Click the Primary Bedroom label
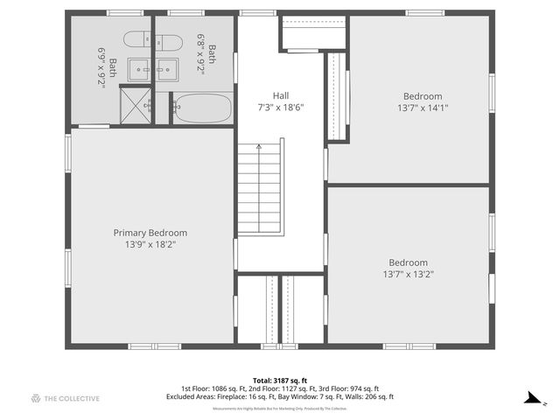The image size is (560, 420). [x=150, y=233]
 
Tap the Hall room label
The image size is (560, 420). [x=280, y=96]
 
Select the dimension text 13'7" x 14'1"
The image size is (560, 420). [x=423, y=108]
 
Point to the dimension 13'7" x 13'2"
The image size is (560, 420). [x=409, y=275]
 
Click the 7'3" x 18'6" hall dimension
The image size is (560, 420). [x=280, y=108]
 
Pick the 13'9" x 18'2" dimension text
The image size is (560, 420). [x=150, y=245]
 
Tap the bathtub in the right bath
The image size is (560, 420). [x=202, y=109]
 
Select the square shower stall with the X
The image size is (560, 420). [x=135, y=106]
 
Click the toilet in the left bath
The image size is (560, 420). [x=138, y=39]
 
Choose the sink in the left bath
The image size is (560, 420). [x=139, y=68]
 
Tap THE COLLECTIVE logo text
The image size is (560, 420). [x=71, y=398]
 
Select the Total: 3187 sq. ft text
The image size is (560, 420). [x=279, y=380]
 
